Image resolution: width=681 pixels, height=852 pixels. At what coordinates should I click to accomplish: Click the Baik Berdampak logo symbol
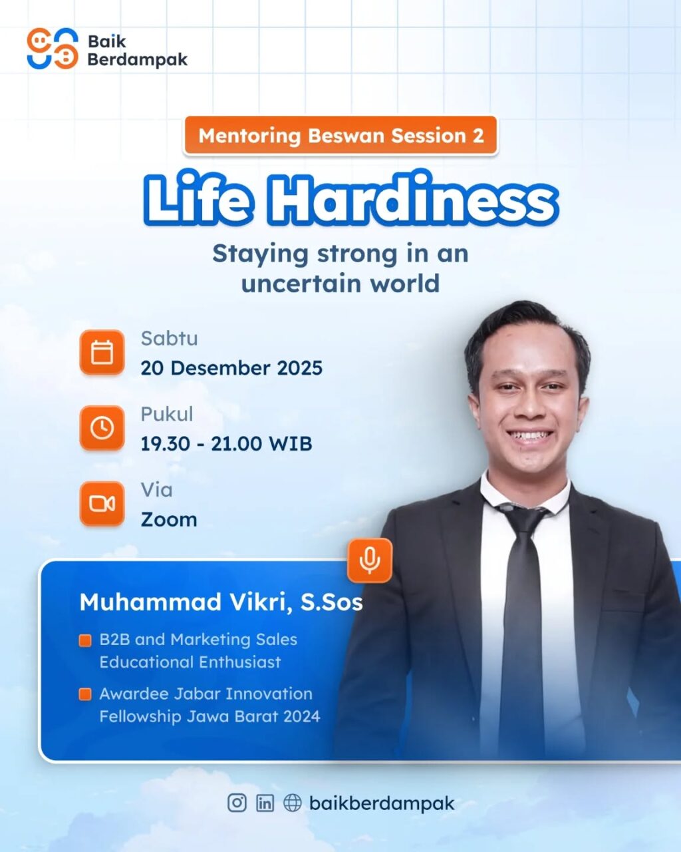tap(53, 49)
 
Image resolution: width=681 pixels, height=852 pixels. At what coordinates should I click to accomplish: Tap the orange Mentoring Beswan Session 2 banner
tap(340, 135)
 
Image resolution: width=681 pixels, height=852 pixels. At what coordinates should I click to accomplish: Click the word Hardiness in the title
tap(413, 200)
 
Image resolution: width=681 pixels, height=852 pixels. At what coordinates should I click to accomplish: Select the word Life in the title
tap(198, 200)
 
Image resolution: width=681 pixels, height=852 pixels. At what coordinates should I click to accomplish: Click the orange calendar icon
tap(102, 352)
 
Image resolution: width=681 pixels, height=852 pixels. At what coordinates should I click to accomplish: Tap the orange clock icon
tap(102, 428)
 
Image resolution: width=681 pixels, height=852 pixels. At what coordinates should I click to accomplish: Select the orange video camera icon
tap(102, 504)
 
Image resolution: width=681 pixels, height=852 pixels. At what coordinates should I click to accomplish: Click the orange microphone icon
tap(370, 560)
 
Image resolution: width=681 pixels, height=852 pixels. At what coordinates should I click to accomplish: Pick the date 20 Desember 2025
tap(231, 368)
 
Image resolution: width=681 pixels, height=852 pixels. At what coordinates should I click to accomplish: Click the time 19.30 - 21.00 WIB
tap(226, 443)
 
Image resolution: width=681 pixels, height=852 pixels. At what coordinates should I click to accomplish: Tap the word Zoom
tap(169, 519)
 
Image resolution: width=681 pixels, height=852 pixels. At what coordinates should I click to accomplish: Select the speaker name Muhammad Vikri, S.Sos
tap(221, 602)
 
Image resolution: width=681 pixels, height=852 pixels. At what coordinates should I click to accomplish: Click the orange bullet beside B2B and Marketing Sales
tap(85, 640)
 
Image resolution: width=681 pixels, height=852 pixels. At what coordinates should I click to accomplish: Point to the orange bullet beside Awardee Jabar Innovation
tap(85, 694)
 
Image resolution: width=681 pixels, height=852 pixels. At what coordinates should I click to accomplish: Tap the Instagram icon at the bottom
tap(237, 803)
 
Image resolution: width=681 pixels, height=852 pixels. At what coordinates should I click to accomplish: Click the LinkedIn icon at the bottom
tap(265, 803)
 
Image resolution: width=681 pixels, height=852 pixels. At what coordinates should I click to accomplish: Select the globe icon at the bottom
tap(293, 803)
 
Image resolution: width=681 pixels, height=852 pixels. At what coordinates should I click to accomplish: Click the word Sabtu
tap(170, 339)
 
